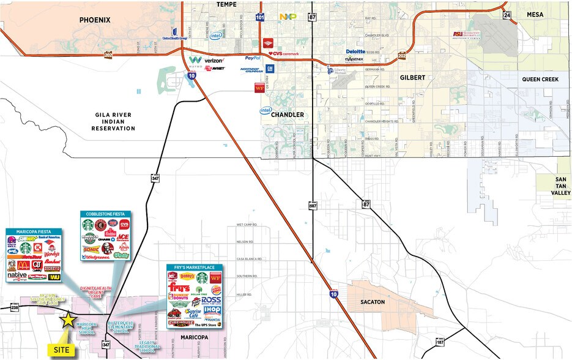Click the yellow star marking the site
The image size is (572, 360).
click(x=67, y=319)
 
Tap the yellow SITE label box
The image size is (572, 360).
click(x=62, y=350)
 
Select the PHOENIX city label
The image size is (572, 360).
click(x=95, y=20)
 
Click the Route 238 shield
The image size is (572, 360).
click(x=15, y=307)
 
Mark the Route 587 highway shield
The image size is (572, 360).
click(x=313, y=204)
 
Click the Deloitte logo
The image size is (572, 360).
click(x=355, y=51)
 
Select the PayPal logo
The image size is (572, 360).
click(x=253, y=58)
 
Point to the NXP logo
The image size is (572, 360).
click(x=288, y=17)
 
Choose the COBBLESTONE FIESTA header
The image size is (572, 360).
click(x=106, y=214)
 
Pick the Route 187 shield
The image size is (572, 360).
click(x=440, y=341)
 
